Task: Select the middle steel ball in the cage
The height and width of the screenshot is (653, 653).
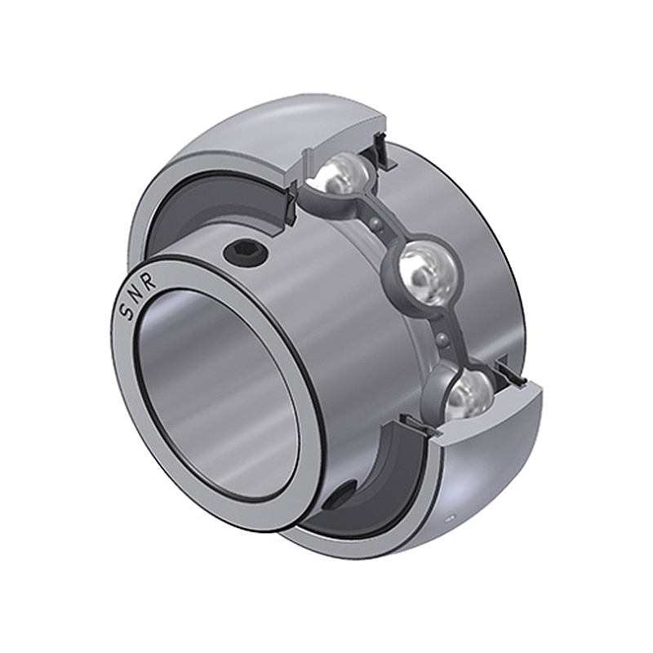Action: [x=429, y=273]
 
